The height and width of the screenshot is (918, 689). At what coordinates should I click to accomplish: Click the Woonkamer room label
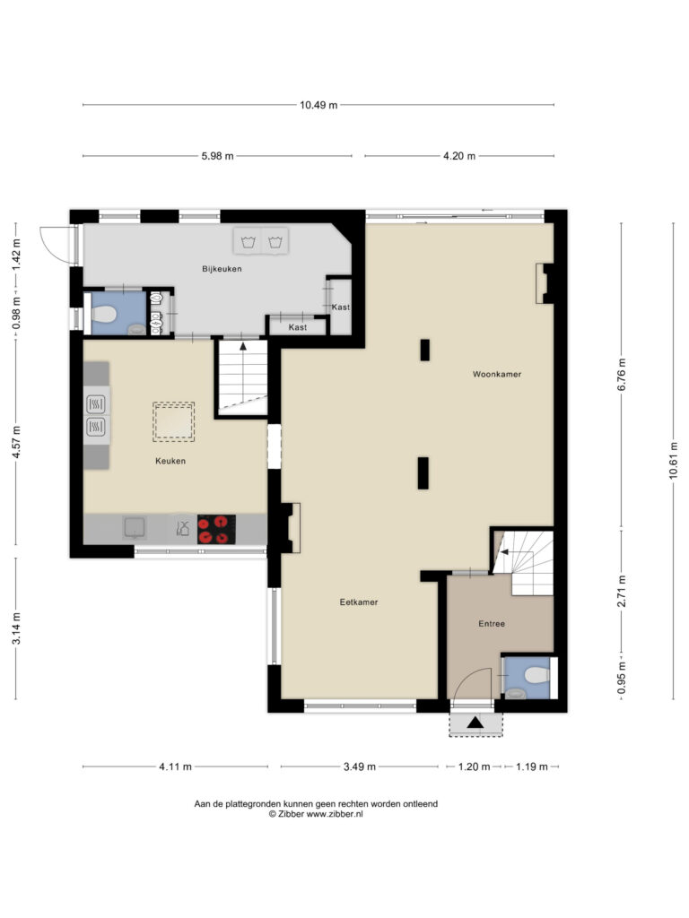497,374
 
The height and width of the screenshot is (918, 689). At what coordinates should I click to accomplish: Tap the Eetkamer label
359,602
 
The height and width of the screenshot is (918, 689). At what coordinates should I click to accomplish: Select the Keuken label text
170,461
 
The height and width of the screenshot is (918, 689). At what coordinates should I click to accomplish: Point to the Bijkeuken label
222,269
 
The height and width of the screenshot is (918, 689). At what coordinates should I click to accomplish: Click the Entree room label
492,624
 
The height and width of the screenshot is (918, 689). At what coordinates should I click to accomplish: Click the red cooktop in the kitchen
216,529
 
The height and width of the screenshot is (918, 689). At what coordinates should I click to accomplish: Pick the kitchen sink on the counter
135,527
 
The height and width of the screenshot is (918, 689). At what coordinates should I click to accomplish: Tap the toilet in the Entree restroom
536,676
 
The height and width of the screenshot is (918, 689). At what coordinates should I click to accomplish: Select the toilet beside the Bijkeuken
102,315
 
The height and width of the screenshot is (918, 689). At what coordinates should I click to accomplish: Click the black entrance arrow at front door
475,723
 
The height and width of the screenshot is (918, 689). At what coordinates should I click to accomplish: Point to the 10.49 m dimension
318,106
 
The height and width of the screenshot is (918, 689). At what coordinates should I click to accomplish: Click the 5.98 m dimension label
217,156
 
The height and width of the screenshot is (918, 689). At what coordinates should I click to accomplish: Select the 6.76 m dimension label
622,375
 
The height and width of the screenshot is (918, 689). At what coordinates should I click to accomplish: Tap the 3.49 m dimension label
359,766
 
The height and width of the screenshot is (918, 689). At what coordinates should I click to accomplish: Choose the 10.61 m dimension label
673,460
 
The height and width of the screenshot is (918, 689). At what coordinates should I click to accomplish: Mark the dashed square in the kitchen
173,421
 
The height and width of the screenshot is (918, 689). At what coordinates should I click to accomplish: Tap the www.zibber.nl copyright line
316,814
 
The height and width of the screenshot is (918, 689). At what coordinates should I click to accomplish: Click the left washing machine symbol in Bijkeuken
249,241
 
